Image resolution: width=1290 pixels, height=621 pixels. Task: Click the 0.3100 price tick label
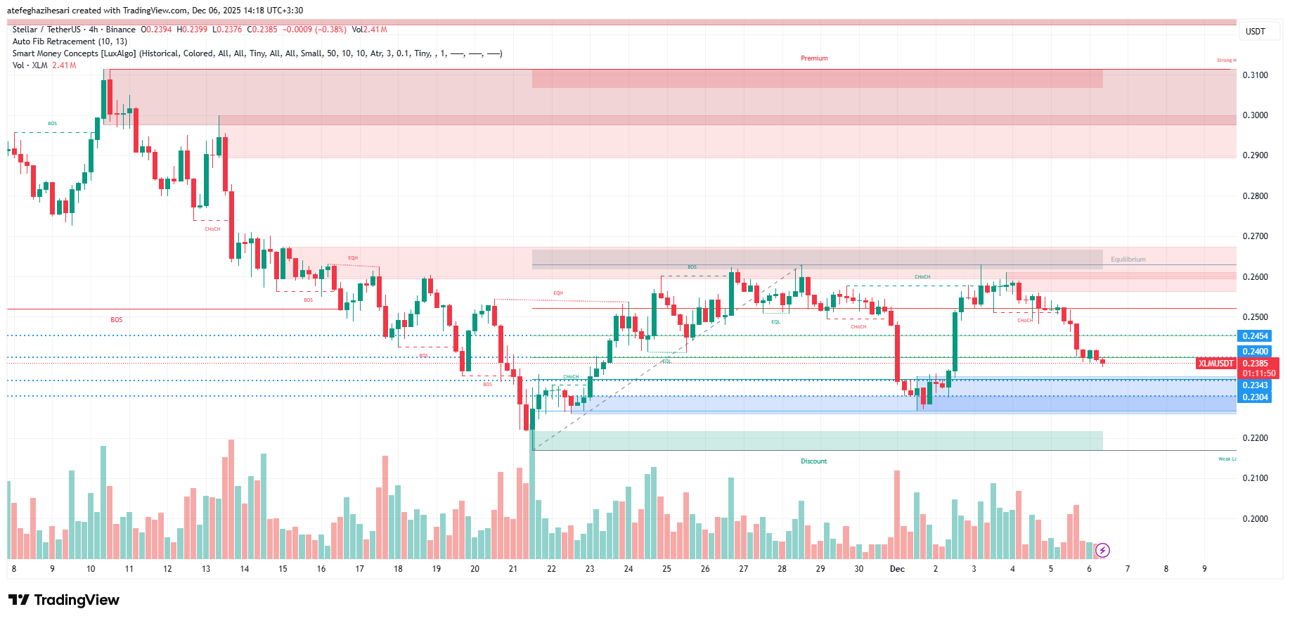(x=1255, y=75)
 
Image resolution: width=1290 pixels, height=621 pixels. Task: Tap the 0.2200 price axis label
(x=1255, y=438)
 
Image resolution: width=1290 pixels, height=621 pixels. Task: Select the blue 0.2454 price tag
(x=1255, y=336)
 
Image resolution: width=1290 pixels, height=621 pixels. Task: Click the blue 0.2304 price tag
(x=1255, y=397)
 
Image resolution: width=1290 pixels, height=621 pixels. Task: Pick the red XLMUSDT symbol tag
(x=1215, y=364)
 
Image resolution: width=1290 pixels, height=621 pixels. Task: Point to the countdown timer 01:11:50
(x=1258, y=373)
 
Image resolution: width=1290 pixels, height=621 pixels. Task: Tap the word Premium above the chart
(x=814, y=58)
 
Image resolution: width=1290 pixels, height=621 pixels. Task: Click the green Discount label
(x=813, y=461)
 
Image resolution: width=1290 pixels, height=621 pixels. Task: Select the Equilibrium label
(x=1128, y=260)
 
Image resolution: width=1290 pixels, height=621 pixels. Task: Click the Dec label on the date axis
(x=897, y=569)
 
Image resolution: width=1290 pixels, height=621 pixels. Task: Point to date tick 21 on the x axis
(x=513, y=569)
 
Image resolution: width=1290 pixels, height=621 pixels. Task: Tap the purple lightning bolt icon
(x=1102, y=550)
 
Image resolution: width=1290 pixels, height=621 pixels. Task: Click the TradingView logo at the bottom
(x=64, y=600)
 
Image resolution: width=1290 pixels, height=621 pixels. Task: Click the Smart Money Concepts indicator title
(x=74, y=53)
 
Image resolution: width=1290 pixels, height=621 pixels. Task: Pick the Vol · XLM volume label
(x=30, y=65)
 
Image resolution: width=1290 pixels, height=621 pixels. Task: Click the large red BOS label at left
(x=116, y=320)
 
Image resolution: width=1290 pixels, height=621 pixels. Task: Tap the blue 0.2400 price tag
(x=1255, y=352)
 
